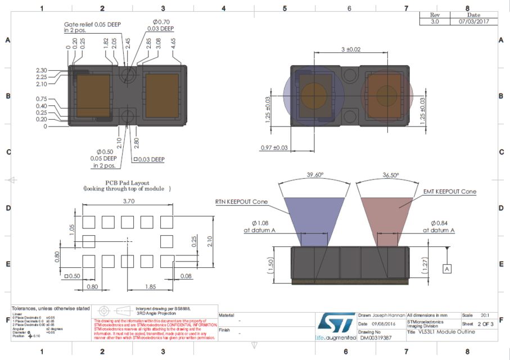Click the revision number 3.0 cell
coord(434,21)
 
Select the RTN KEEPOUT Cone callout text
coord(241,201)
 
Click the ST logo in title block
coord(336,323)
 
